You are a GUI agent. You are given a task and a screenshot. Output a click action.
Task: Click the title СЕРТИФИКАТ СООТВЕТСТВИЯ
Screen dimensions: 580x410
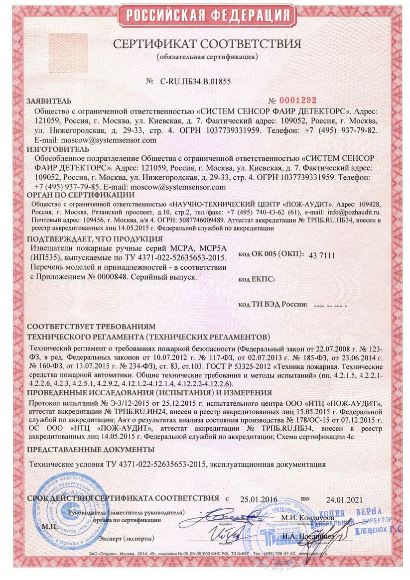[207, 44]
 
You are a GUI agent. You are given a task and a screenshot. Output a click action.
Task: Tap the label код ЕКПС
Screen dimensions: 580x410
[257, 279]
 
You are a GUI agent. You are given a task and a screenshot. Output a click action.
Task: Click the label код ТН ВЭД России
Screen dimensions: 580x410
[273, 303]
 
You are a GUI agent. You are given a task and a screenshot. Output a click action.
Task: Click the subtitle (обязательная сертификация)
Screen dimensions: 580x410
[207, 56]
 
